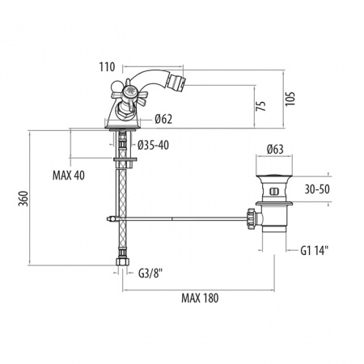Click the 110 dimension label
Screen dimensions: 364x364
pyautogui.click(x=107, y=67)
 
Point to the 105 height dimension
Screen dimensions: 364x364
pyautogui.click(x=290, y=99)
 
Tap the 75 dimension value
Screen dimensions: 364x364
pyautogui.click(x=261, y=106)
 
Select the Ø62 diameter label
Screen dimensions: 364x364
pyautogui.click(x=163, y=119)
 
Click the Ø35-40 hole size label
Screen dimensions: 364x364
pyautogui.click(x=153, y=146)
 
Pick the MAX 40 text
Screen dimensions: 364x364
pyautogui.click(x=69, y=176)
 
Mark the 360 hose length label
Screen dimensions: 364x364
pyautogui.click(x=23, y=198)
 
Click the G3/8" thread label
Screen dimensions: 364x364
pyautogui.click(x=150, y=273)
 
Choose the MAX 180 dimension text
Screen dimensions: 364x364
pyautogui.click(x=200, y=298)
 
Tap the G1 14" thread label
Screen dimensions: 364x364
pyautogui.click(x=315, y=251)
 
